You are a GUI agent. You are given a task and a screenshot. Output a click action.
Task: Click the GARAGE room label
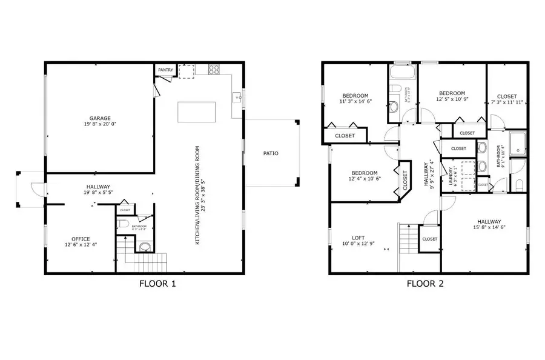click(x=99, y=118)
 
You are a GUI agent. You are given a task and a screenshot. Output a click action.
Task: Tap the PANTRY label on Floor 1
click(x=165, y=70)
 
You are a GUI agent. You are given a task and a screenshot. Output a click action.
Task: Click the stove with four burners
click(x=214, y=70)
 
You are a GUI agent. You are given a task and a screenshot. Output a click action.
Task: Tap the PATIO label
click(x=271, y=153)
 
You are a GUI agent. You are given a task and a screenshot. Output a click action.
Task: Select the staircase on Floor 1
click(x=145, y=262)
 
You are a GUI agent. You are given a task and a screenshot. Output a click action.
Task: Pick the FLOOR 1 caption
click(x=157, y=283)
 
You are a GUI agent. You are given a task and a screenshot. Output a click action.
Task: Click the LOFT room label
click(x=358, y=238)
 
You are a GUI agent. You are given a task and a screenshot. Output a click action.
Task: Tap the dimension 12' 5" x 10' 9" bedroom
click(x=452, y=99)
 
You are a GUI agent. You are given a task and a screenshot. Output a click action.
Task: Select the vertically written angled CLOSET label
click(x=405, y=179)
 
